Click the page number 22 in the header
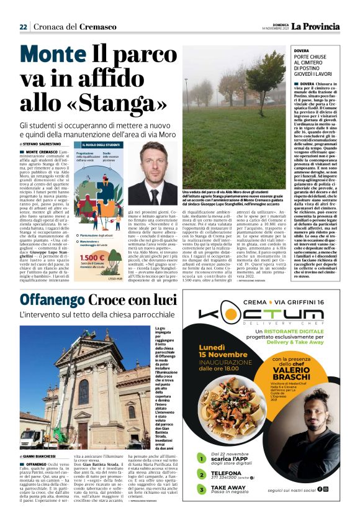coord(24,27)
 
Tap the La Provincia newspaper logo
coord(317,26)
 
